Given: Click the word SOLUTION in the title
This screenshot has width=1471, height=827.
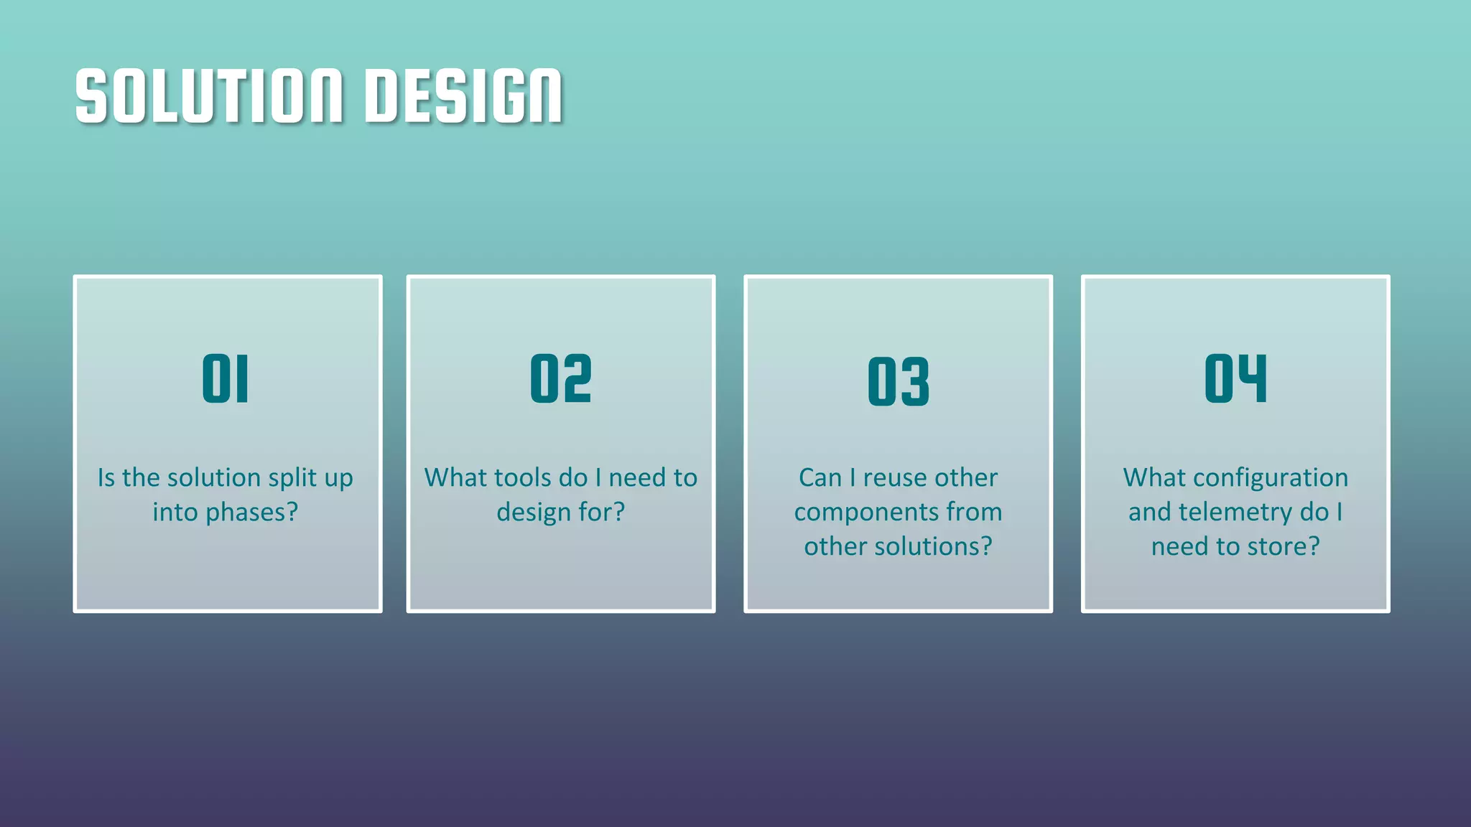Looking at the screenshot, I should click(x=209, y=96).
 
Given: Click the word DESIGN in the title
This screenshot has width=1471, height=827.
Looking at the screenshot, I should click(x=463, y=96).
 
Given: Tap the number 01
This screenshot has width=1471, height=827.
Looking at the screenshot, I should click(x=226, y=378).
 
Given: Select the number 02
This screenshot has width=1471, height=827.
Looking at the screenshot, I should click(x=561, y=378).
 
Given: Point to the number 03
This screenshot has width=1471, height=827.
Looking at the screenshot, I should click(x=898, y=381).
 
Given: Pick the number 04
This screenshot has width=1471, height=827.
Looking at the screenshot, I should click(x=1235, y=378).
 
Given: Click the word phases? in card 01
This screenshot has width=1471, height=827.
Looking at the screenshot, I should click(x=251, y=513).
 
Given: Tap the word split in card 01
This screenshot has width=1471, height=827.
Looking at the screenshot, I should click(x=292, y=478).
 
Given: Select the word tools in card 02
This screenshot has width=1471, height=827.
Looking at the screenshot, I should click(x=506, y=478).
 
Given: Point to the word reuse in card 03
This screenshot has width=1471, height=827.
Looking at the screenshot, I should click(x=894, y=478).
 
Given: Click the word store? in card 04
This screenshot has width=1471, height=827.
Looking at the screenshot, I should click(x=1283, y=547).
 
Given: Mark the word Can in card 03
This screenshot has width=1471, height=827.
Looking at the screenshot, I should click(x=820, y=478).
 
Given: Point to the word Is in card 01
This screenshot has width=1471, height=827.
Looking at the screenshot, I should click(x=106, y=478).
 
